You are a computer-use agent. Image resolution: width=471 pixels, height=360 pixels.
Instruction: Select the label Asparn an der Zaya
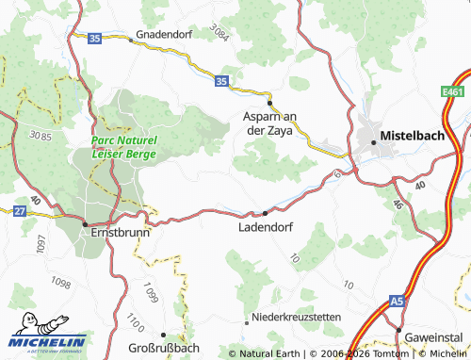(268, 123)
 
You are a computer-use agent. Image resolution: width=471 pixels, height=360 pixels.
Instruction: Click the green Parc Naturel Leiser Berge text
(124, 146)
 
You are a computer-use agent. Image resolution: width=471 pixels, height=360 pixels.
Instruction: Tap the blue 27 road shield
(19, 212)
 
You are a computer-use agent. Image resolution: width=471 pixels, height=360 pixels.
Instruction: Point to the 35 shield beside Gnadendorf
(94, 38)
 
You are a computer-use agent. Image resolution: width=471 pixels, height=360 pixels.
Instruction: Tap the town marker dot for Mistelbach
(374, 141)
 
